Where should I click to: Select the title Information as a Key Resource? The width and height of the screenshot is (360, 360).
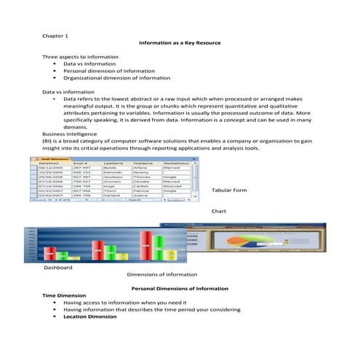pos(180,43)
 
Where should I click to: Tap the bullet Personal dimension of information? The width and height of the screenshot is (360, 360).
pos(109,71)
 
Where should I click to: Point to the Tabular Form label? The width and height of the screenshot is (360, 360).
pos(230,191)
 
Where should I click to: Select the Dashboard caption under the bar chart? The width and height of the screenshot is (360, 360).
pos(58,268)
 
